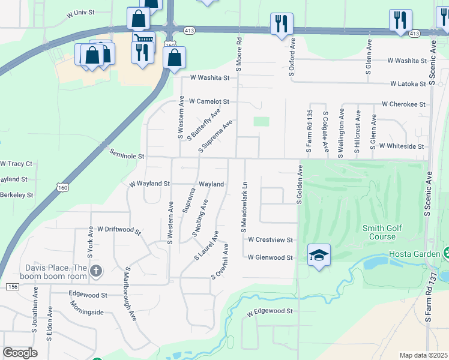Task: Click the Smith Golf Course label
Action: [x=387, y=232]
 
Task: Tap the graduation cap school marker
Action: [x=319, y=256]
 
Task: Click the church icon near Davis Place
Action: [x=96, y=272]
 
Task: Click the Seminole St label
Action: [x=127, y=155]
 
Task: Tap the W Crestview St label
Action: [x=270, y=240]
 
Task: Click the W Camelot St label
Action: [x=209, y=102]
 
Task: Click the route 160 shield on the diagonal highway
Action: [x=62, y=188]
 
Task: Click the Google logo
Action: [x=20, y=353]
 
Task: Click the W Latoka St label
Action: [x=408, y=84]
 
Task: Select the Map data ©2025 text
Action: [x=423, y=355]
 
